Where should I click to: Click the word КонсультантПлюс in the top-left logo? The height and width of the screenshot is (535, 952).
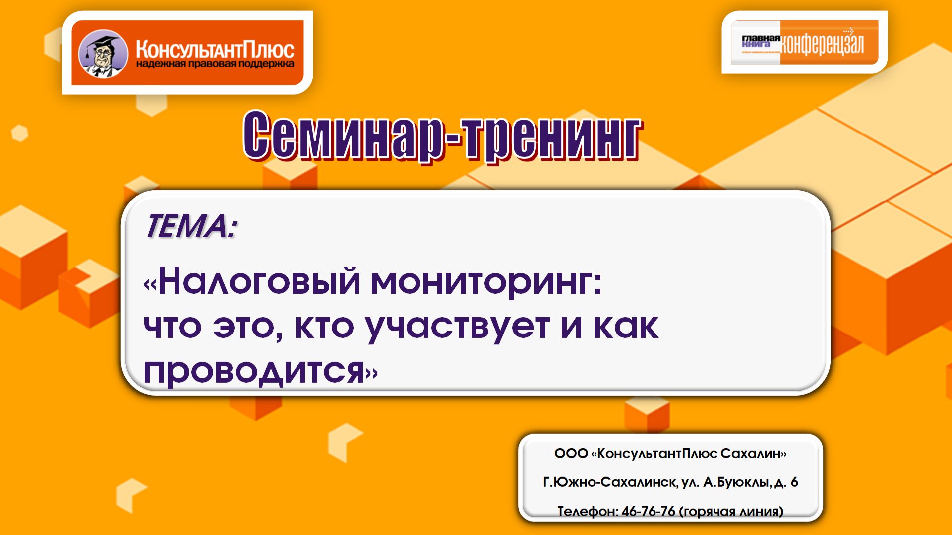pos(215,49)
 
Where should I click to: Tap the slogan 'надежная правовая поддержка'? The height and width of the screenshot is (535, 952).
pos(215,64)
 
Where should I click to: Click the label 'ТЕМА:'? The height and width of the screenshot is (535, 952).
pos(191,226)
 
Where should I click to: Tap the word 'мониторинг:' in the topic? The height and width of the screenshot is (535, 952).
pos(486,281)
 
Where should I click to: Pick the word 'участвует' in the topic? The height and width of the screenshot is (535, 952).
pos(458,327)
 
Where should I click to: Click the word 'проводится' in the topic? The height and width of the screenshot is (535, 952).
pos(254,371)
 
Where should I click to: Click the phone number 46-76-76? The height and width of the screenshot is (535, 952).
pos(648,511)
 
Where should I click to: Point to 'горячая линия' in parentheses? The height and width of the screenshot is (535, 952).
pos(731,511)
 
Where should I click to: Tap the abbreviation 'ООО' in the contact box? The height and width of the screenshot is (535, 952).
pos(571,454)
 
